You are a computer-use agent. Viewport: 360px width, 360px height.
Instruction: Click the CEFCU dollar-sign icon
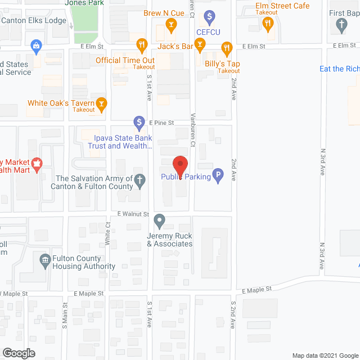[210, 16]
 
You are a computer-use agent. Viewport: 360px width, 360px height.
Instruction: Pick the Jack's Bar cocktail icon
[199, 44]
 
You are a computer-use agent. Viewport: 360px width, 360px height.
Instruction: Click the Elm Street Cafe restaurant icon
[268, 23]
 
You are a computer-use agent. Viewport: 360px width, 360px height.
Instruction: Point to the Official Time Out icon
[142, 44]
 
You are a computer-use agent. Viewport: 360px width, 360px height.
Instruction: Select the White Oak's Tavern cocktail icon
[101, 103]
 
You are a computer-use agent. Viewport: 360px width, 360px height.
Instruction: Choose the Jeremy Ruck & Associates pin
[160, 220]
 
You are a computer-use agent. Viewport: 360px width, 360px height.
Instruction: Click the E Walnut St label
[133, 214]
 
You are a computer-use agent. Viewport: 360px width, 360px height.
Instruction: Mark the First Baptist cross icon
[340, 24]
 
